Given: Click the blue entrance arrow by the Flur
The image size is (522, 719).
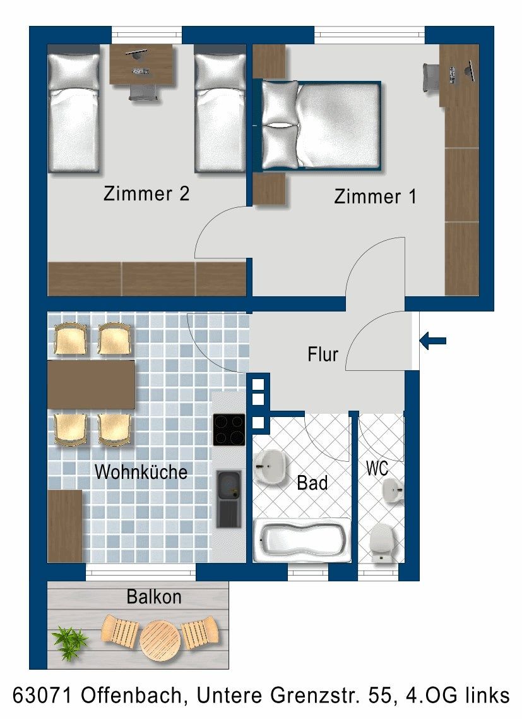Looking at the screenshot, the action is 432,341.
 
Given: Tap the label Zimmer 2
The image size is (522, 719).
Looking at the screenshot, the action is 146,193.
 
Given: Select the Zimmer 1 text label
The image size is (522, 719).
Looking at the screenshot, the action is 376,196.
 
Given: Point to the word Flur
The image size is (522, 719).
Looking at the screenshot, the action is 323,354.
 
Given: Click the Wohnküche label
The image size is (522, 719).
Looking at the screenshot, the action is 141,472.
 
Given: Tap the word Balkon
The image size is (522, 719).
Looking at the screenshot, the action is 154,596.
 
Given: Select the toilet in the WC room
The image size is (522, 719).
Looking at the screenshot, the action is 382,543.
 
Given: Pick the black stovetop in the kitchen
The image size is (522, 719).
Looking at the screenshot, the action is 228,430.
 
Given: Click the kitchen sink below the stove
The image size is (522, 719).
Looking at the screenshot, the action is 228,498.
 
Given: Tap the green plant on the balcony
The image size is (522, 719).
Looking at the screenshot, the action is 69,641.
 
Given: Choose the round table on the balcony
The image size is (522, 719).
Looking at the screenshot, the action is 160,639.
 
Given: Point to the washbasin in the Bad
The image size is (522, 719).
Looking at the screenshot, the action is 270,467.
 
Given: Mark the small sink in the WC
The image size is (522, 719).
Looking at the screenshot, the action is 393,490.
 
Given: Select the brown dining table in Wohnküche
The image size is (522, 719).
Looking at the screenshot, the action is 91,384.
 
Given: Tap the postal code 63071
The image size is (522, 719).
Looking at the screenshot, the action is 42,695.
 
